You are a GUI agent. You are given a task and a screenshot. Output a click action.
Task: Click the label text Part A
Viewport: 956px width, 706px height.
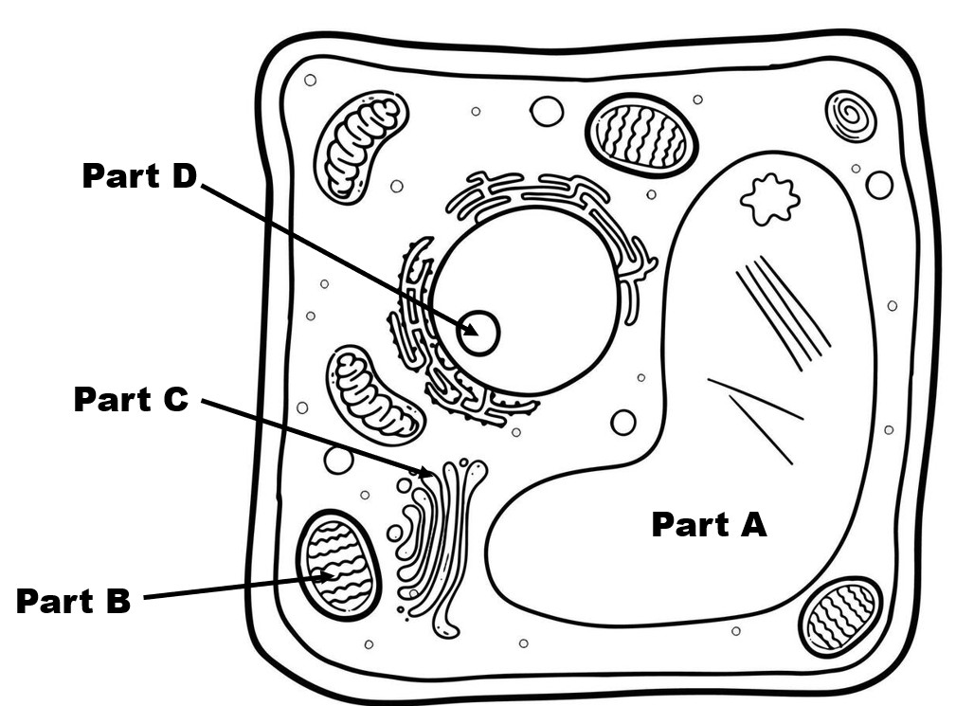(709, 524)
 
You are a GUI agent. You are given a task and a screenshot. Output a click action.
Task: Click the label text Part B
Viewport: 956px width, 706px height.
(73, 601)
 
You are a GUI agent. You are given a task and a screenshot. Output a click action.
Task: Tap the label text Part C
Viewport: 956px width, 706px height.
(131, 400)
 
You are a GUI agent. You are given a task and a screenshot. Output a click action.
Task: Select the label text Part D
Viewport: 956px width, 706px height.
(138, 175)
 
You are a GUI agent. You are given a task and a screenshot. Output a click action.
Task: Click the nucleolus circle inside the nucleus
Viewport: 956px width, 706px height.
(478, 333)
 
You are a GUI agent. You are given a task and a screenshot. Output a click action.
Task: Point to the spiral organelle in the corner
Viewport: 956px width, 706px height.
(850, 116)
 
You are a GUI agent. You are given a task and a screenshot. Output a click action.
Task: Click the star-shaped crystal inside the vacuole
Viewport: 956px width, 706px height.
(769, 199)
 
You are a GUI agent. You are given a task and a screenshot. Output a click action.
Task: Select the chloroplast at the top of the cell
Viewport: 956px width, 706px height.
(641, 136)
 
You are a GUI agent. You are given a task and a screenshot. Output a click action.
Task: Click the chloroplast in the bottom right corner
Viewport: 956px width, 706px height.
(840, 617)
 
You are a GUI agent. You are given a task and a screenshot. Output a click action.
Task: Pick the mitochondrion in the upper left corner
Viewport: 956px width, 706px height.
(360, 146)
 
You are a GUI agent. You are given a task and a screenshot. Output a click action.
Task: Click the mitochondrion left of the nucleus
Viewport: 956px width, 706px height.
(374, 394)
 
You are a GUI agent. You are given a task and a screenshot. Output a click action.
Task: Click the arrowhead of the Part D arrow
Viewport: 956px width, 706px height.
(471, 331)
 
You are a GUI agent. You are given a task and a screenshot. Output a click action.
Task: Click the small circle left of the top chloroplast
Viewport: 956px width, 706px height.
(547, 112)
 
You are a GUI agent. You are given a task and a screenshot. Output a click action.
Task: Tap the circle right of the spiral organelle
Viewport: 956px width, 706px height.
(879, 185)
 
